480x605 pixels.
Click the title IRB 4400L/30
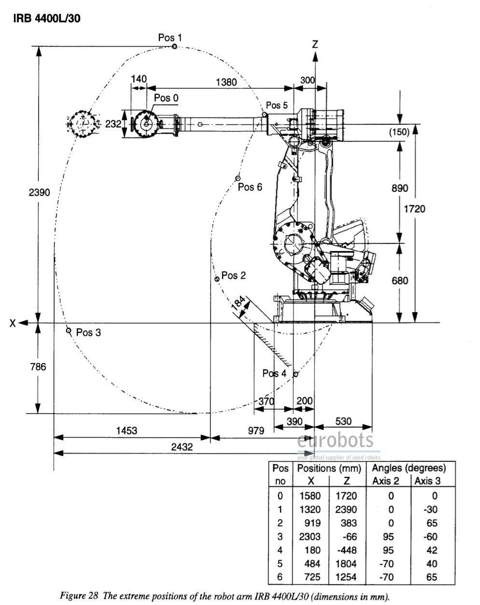pyautogui.click(x=46, y=19)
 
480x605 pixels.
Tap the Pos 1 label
pyautogui.click(x=170, y=37)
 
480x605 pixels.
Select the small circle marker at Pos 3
pyautogui.click(x=69, y=331)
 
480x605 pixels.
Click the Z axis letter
pyautogui.click(x=315, y=44)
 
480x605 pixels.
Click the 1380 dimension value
pyautogui.click(x=226, y=82)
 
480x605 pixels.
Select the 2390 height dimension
pyautogui.click(x=39, y=192)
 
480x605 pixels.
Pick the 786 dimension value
pyautogui.click(x=38, y=367)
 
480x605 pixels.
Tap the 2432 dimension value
pyautogui.click(x=182, y=447)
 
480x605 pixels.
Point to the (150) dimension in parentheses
pyautogui.click(x=399, y=132)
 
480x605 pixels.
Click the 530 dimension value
pyautogui.click(x=343, y=421)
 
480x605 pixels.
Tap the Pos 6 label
pyautogui.click(x=250, y=187)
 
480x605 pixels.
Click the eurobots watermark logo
pyautogui.click(x=336, y=440)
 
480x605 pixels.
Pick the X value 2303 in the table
pyautogui.click(x=310, y=536)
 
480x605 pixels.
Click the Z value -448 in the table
pyautogui.click(x=346, y=550)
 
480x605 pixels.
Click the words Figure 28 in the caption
pyautogui.click(x=80, y=596)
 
